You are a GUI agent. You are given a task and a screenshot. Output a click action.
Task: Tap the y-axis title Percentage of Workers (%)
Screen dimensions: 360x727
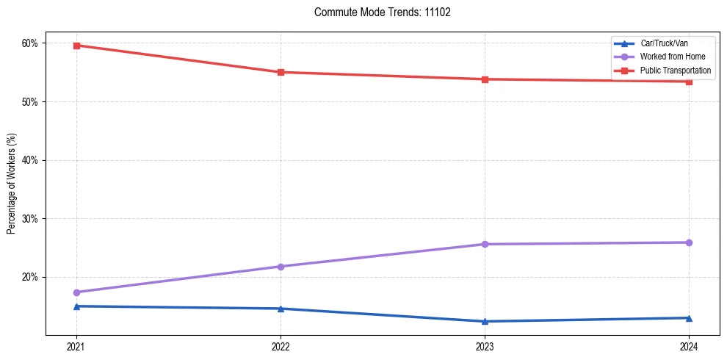point(12,184)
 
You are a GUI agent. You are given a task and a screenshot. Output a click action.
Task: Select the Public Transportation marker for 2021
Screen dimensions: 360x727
point(76,46)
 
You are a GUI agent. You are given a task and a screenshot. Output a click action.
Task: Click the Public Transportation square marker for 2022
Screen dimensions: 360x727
point(281,72)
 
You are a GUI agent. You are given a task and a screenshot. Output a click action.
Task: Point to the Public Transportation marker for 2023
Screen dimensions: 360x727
point(485,79)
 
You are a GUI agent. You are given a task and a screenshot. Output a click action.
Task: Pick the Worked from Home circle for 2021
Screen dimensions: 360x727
point(76,292)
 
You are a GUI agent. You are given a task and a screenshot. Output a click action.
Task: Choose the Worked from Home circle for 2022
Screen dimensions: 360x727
point(281,267)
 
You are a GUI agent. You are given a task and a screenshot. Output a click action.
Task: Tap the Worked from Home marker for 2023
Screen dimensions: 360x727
point(485,244)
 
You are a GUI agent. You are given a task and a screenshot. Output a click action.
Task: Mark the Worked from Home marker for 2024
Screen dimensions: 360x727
point(689,242)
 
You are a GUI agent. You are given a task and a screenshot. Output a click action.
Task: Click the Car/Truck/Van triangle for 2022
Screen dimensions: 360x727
point(281,309)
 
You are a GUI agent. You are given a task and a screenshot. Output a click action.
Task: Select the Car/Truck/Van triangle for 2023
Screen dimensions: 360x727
point(485,321)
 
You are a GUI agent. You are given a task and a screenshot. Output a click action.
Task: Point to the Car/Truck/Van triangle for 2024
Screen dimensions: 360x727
point(689,318)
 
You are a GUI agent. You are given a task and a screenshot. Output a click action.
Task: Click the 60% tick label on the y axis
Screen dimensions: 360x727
point(30,43)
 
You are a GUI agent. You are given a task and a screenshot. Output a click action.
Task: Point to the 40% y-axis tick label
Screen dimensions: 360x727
point(30,160)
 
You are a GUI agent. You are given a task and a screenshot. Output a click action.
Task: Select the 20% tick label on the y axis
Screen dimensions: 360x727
point(30,277)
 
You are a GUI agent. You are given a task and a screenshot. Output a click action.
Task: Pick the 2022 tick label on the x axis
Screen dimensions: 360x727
point(281,346)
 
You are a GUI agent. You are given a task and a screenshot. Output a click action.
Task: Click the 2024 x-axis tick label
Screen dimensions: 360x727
point(689,346)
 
